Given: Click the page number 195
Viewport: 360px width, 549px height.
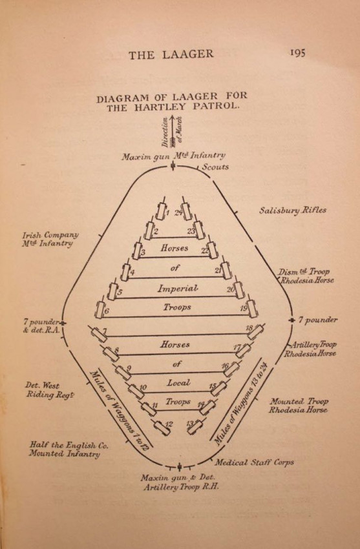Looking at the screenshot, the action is coord(298,53).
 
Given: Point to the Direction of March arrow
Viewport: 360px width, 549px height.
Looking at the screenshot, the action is coord(173,131).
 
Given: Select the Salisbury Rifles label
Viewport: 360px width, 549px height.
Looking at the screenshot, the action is coord(292,210).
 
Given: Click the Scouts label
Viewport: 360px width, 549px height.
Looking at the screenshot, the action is coord(215,167).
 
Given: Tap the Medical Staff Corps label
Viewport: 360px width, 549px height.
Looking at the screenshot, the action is coord(254,462).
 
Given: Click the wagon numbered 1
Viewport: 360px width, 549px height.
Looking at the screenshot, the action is coord(161,209).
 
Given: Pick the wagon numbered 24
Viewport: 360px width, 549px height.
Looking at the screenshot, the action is coord(186,209).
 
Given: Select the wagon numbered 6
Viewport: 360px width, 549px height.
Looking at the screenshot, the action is coord(101,308).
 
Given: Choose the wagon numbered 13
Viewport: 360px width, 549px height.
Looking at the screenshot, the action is coord(196,426).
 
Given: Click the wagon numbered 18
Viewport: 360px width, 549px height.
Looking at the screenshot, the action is coord(256,331).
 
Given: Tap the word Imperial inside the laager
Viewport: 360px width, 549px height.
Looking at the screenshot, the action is coord(178,289).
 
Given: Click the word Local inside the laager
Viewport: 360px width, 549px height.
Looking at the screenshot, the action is coord(178,383).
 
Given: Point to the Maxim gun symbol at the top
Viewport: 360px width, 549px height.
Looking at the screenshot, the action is coord(173,165).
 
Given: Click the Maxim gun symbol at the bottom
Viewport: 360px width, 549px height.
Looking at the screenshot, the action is coord(179,467).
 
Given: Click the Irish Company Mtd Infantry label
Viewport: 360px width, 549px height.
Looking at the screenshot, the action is coord(50,239).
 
